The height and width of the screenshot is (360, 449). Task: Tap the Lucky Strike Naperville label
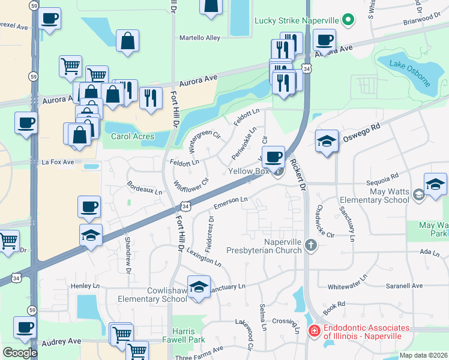click(x=297, y=20)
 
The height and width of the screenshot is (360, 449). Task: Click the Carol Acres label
click(x=133, y=136)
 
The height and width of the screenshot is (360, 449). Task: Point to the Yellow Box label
click(x=249, y=171)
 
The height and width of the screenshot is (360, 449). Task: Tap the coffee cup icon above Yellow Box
click(x=273, y=157)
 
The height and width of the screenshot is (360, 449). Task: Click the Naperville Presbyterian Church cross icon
click(x=310, y=244)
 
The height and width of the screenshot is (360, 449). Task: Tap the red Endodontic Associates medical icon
click(x=314, y=331)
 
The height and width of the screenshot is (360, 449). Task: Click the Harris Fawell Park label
click(x=183, y=335)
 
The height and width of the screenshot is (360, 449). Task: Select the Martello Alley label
click(x=200, y=38)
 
